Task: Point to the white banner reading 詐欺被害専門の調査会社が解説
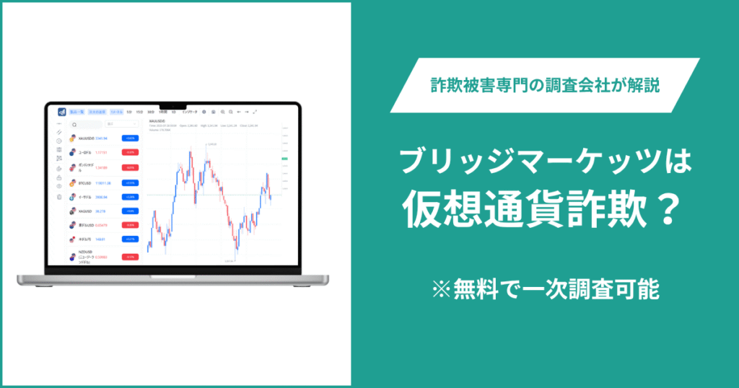545,85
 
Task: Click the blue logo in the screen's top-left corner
63,112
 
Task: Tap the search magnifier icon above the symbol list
74,125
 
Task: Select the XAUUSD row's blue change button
130,138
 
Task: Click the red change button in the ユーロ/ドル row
130,153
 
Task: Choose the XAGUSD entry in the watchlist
86,211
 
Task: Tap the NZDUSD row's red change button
130,257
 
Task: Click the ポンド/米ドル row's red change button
130,167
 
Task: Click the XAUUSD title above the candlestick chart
157,120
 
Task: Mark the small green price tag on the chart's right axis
285,159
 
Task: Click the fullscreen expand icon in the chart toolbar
255,112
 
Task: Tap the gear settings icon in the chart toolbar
204,112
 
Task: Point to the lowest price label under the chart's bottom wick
229,260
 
